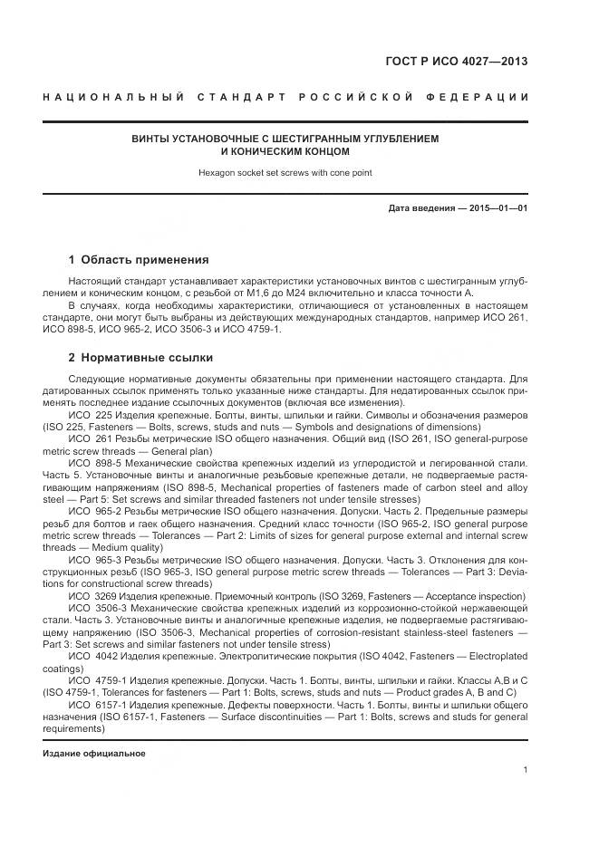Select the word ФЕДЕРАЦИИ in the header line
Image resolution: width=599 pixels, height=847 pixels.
click(485, 97)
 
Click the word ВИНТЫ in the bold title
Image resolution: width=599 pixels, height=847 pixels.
click(152, 140)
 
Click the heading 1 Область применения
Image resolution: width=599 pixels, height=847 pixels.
click(139, 260)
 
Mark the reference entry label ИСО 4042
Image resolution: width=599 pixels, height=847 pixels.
click(91, 654)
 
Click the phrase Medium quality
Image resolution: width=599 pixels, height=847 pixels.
click(142, 549)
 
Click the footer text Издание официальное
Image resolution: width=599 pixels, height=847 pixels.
click(94, 754)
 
